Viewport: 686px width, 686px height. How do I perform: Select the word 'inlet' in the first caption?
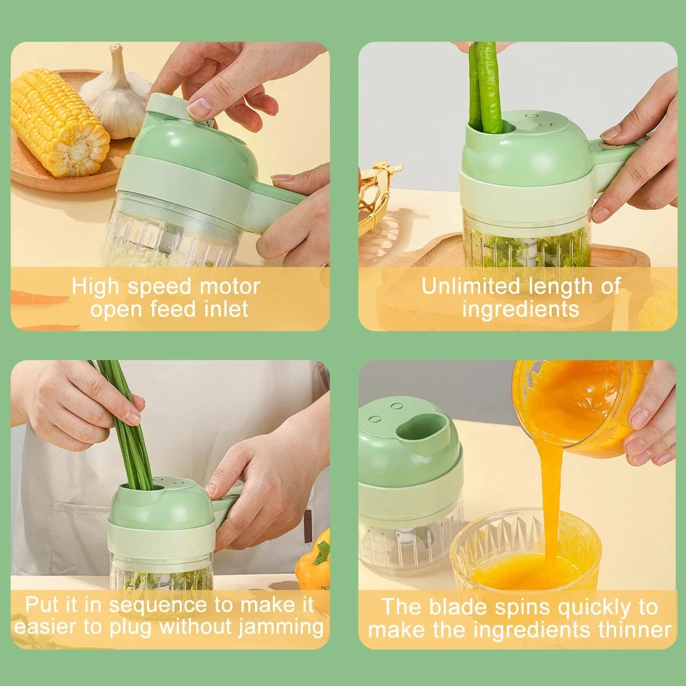coord(226,309)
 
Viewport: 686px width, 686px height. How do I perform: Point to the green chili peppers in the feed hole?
coord(485,86)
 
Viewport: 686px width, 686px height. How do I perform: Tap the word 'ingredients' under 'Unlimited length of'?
coord(520,309)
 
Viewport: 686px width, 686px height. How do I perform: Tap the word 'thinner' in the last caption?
coord(634,629)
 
